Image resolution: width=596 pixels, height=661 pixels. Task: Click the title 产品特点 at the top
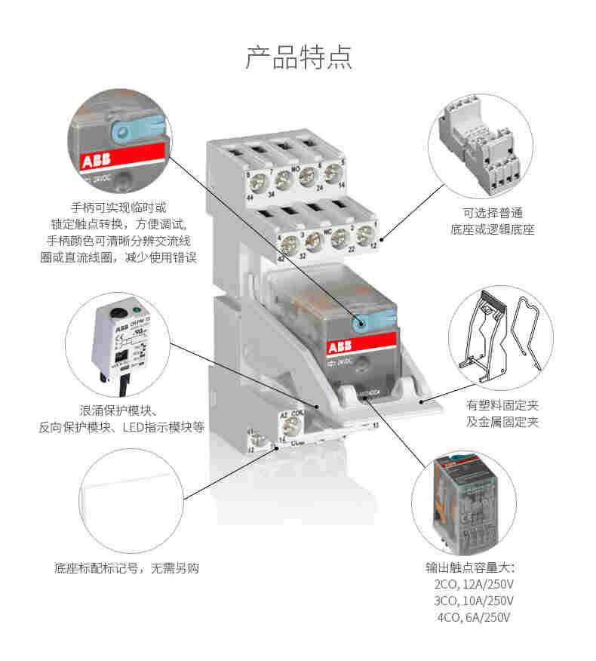[298, 57]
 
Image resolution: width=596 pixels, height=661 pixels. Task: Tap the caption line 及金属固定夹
[502, 422]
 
